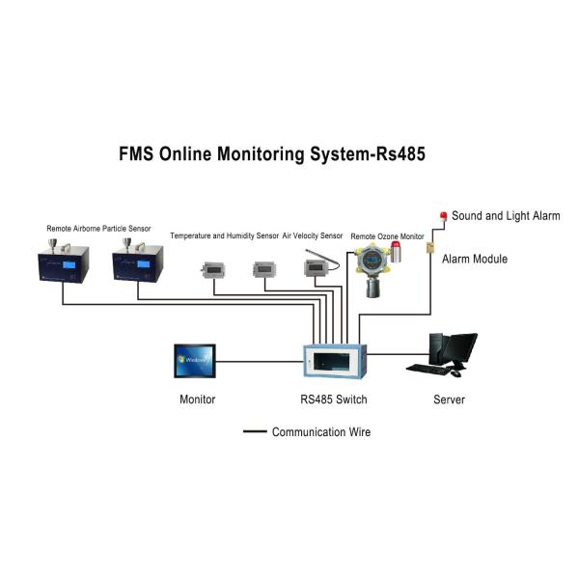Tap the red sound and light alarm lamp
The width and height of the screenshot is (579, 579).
[x=443, y=216]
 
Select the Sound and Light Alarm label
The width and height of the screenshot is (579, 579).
[x=506, y=216]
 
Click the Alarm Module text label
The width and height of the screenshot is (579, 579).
[x=475, y=259]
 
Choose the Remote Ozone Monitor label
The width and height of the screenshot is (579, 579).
[x=386, y=235]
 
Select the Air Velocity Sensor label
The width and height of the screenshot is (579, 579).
[x=312, y=235]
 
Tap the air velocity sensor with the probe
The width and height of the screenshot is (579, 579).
[x=315, y=267]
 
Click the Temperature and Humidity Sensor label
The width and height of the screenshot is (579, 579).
[x=224, y=235]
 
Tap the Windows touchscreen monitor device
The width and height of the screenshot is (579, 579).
[x=196, y=362]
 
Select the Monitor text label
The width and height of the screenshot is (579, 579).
[x=198, y=400]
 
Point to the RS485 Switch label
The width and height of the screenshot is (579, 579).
[x=334, y=400]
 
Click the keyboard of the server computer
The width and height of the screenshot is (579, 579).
[x=428, y=369]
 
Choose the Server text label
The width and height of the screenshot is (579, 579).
[x=450, y=400]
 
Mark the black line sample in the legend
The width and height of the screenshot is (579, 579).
[x=255, y=432]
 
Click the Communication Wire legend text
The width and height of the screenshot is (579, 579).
[x=320, y=432]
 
